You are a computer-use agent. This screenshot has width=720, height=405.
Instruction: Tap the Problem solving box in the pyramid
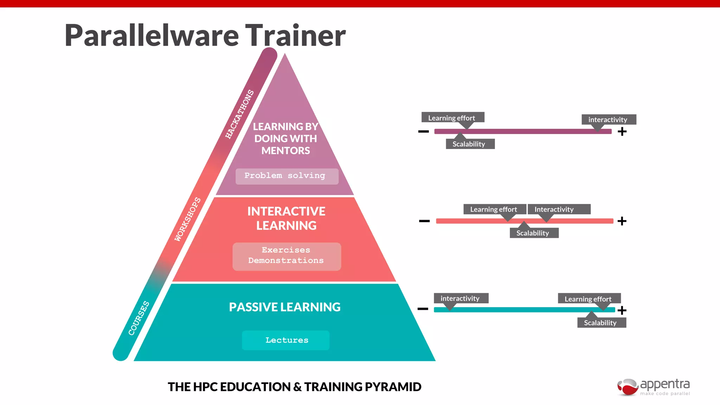point(287,176)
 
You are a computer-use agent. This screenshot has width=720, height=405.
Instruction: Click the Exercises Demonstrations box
point(287,256)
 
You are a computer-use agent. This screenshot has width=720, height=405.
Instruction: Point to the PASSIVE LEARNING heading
point(285,307)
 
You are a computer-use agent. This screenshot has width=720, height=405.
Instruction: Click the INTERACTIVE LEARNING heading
point(286,218)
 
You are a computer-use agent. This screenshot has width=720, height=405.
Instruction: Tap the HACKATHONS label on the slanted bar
point(239,114)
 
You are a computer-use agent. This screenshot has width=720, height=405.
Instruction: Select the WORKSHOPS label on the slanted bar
point(188,219)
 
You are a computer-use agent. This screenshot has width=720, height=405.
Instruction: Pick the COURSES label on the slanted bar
point(139,318)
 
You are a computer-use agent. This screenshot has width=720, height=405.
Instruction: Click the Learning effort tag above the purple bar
point(452,118)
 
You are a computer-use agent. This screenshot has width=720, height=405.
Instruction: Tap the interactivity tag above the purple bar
point(608,120)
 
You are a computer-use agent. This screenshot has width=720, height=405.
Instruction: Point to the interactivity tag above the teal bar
point(461,298)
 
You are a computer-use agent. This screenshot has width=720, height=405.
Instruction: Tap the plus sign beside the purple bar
point(622,131)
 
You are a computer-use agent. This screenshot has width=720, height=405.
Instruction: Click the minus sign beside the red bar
point(424,221)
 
